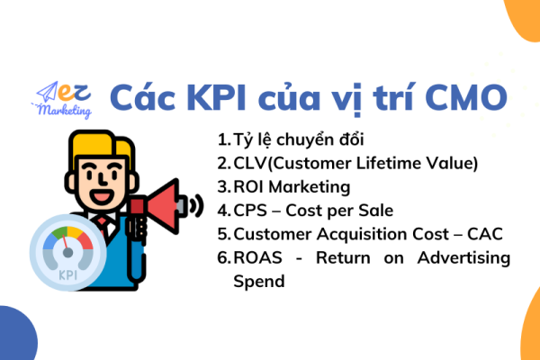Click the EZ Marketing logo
62,99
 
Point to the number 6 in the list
222,257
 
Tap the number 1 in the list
222,140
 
